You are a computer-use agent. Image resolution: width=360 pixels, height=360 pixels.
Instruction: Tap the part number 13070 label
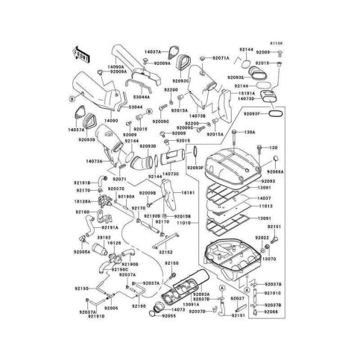[271, 259]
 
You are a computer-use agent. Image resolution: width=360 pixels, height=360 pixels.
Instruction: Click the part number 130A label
[249, 132]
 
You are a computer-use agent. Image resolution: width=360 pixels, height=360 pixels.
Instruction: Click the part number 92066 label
[273, 312]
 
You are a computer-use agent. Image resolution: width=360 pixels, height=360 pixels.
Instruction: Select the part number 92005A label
[82, 252]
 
